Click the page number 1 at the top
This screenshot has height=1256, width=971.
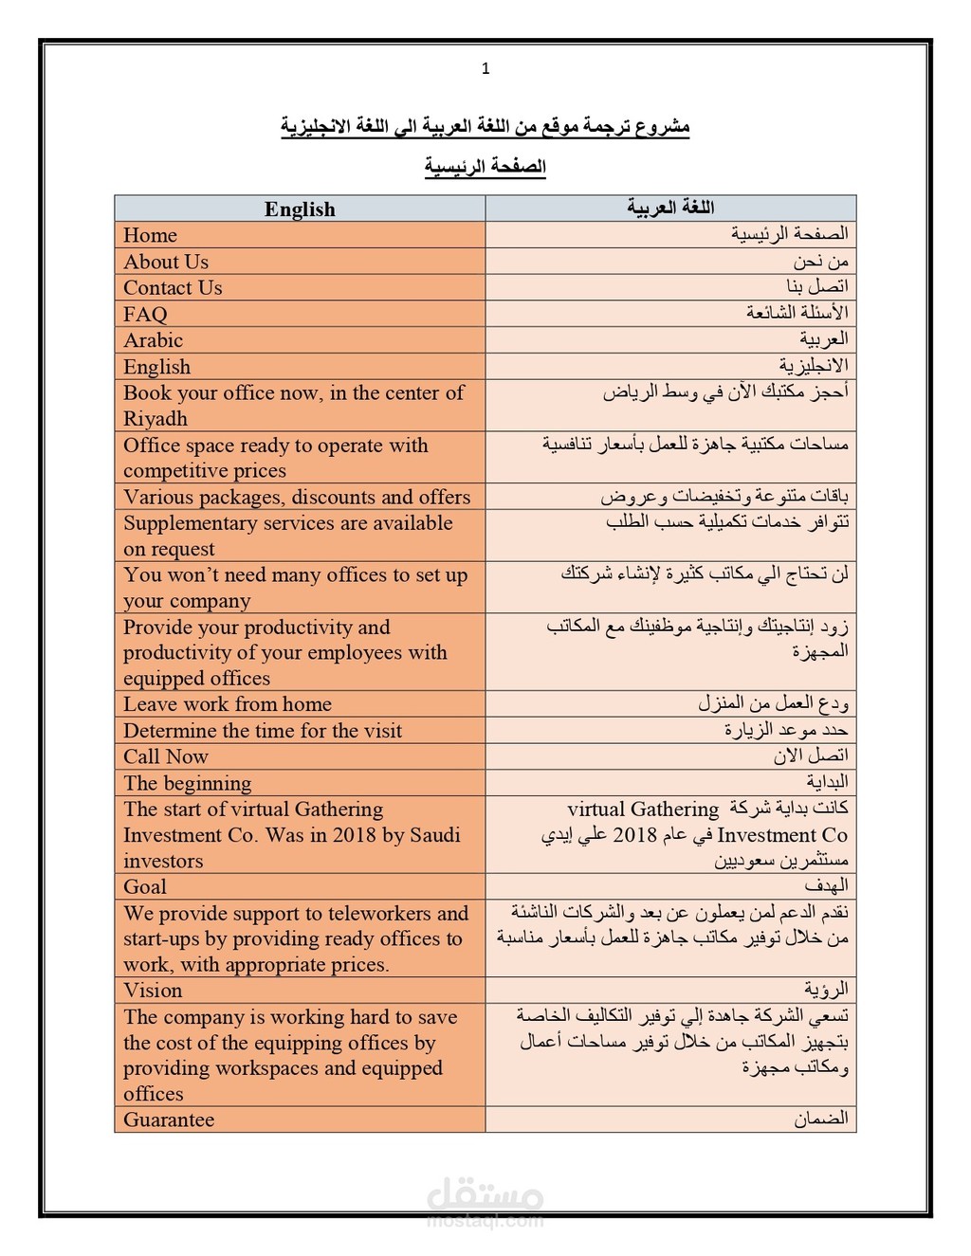point(485,68)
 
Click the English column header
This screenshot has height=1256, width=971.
point(300,209)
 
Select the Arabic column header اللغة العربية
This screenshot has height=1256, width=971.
point(670,208)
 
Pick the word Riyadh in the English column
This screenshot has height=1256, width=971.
point(156,419)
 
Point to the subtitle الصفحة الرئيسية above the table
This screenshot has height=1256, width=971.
point(485,167)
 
